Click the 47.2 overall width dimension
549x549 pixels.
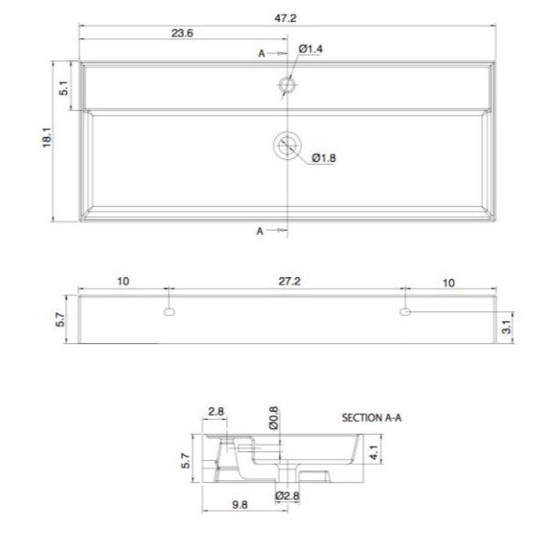tap(285, 18)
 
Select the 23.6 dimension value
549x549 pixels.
tap(182, 33)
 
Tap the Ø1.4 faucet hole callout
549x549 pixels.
tap(310, 48)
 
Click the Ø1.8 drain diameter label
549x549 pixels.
tap(324, 158)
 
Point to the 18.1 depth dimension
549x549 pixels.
tap(47, 137)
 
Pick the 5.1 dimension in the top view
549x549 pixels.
tap(64, 88)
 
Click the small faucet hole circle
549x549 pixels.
tap(287, 85)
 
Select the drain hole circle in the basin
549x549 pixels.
tap(287, 145)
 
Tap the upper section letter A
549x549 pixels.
tap(262, 54)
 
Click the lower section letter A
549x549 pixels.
tap(260, 231)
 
